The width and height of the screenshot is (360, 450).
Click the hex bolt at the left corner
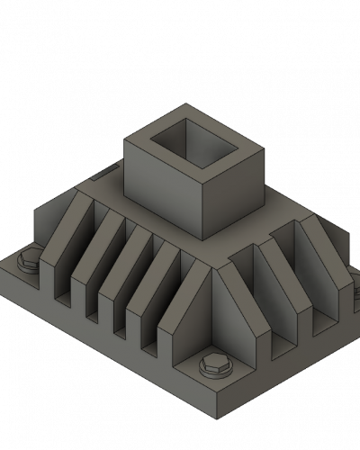(x=27, y=263)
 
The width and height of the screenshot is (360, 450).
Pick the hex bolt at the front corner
(x=214, y=364)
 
